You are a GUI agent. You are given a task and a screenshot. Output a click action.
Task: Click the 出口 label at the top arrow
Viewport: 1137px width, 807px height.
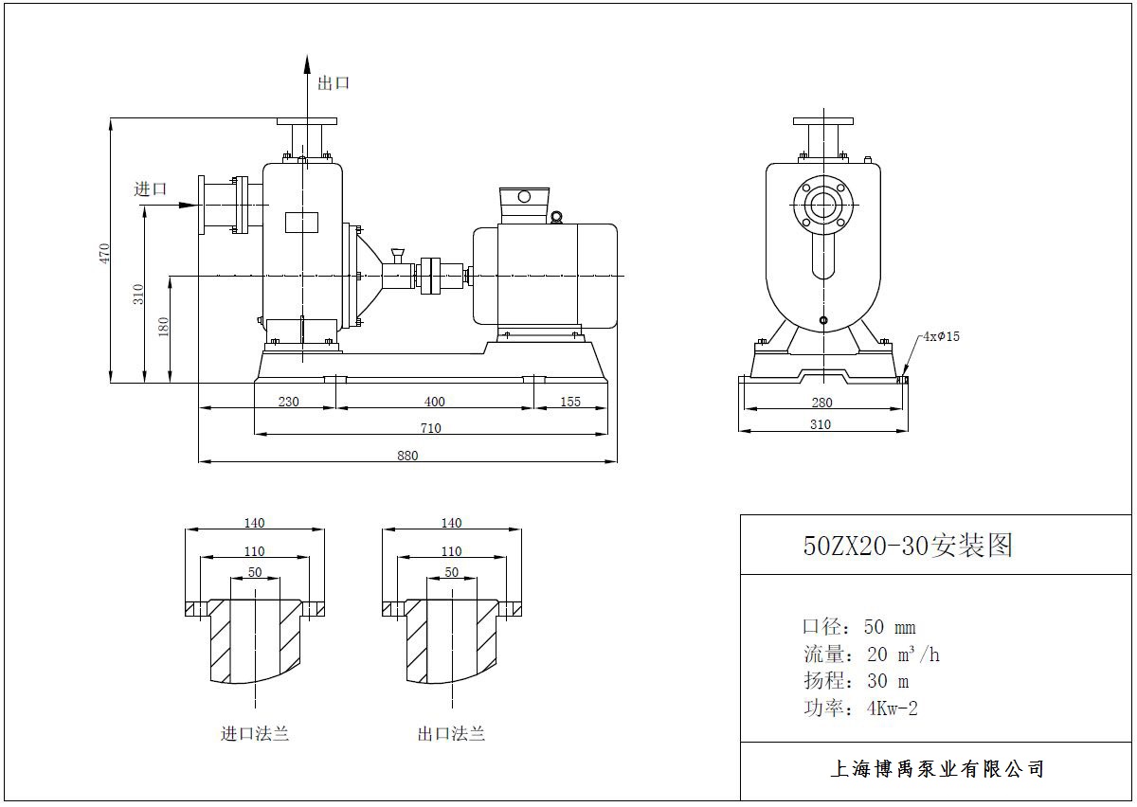(x=334, y=83)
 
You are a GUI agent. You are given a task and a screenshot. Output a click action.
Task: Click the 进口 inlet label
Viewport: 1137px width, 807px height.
(x=151, y=189)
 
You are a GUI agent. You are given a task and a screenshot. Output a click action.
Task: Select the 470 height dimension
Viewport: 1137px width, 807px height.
(x=105, y=252)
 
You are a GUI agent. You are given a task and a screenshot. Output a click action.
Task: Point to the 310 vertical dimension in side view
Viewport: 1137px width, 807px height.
(x=138, y=295)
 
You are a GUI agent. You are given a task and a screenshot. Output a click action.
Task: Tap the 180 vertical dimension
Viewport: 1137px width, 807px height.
(x=164, y=328)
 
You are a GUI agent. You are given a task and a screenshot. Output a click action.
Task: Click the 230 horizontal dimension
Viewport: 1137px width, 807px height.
(x=288, y=402)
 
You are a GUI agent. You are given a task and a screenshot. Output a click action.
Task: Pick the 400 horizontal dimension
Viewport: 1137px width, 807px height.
(x=434, y=402)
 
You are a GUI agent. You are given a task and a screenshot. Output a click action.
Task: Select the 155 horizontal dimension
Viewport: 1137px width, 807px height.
(x=569, y=402)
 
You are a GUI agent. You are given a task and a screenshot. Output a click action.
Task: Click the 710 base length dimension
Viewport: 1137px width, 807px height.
(x=430, y=428)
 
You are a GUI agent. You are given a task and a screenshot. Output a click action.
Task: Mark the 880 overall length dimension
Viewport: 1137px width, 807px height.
(x=406, y=456)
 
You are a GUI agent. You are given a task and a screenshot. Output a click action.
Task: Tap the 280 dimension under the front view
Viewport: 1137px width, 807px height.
(x=821, y=403)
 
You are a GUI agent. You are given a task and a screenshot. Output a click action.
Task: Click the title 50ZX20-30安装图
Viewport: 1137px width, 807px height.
(x=908, y=547)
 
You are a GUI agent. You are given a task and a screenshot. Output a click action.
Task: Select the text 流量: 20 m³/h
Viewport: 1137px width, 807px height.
(x=871, y=655)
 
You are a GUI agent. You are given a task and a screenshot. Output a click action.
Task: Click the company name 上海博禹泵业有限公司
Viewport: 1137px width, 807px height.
(x=936, y=769)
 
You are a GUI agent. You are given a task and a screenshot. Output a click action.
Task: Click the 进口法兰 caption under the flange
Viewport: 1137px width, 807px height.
(x=255, y=734)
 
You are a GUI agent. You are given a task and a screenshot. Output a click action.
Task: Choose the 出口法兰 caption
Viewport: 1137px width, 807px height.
(x=451, y=734)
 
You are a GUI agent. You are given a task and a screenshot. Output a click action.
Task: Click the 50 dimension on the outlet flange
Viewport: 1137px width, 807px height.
(x=451, y=572)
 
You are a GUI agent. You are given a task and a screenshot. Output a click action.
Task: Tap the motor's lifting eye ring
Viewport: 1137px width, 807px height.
(x=556, y=217)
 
